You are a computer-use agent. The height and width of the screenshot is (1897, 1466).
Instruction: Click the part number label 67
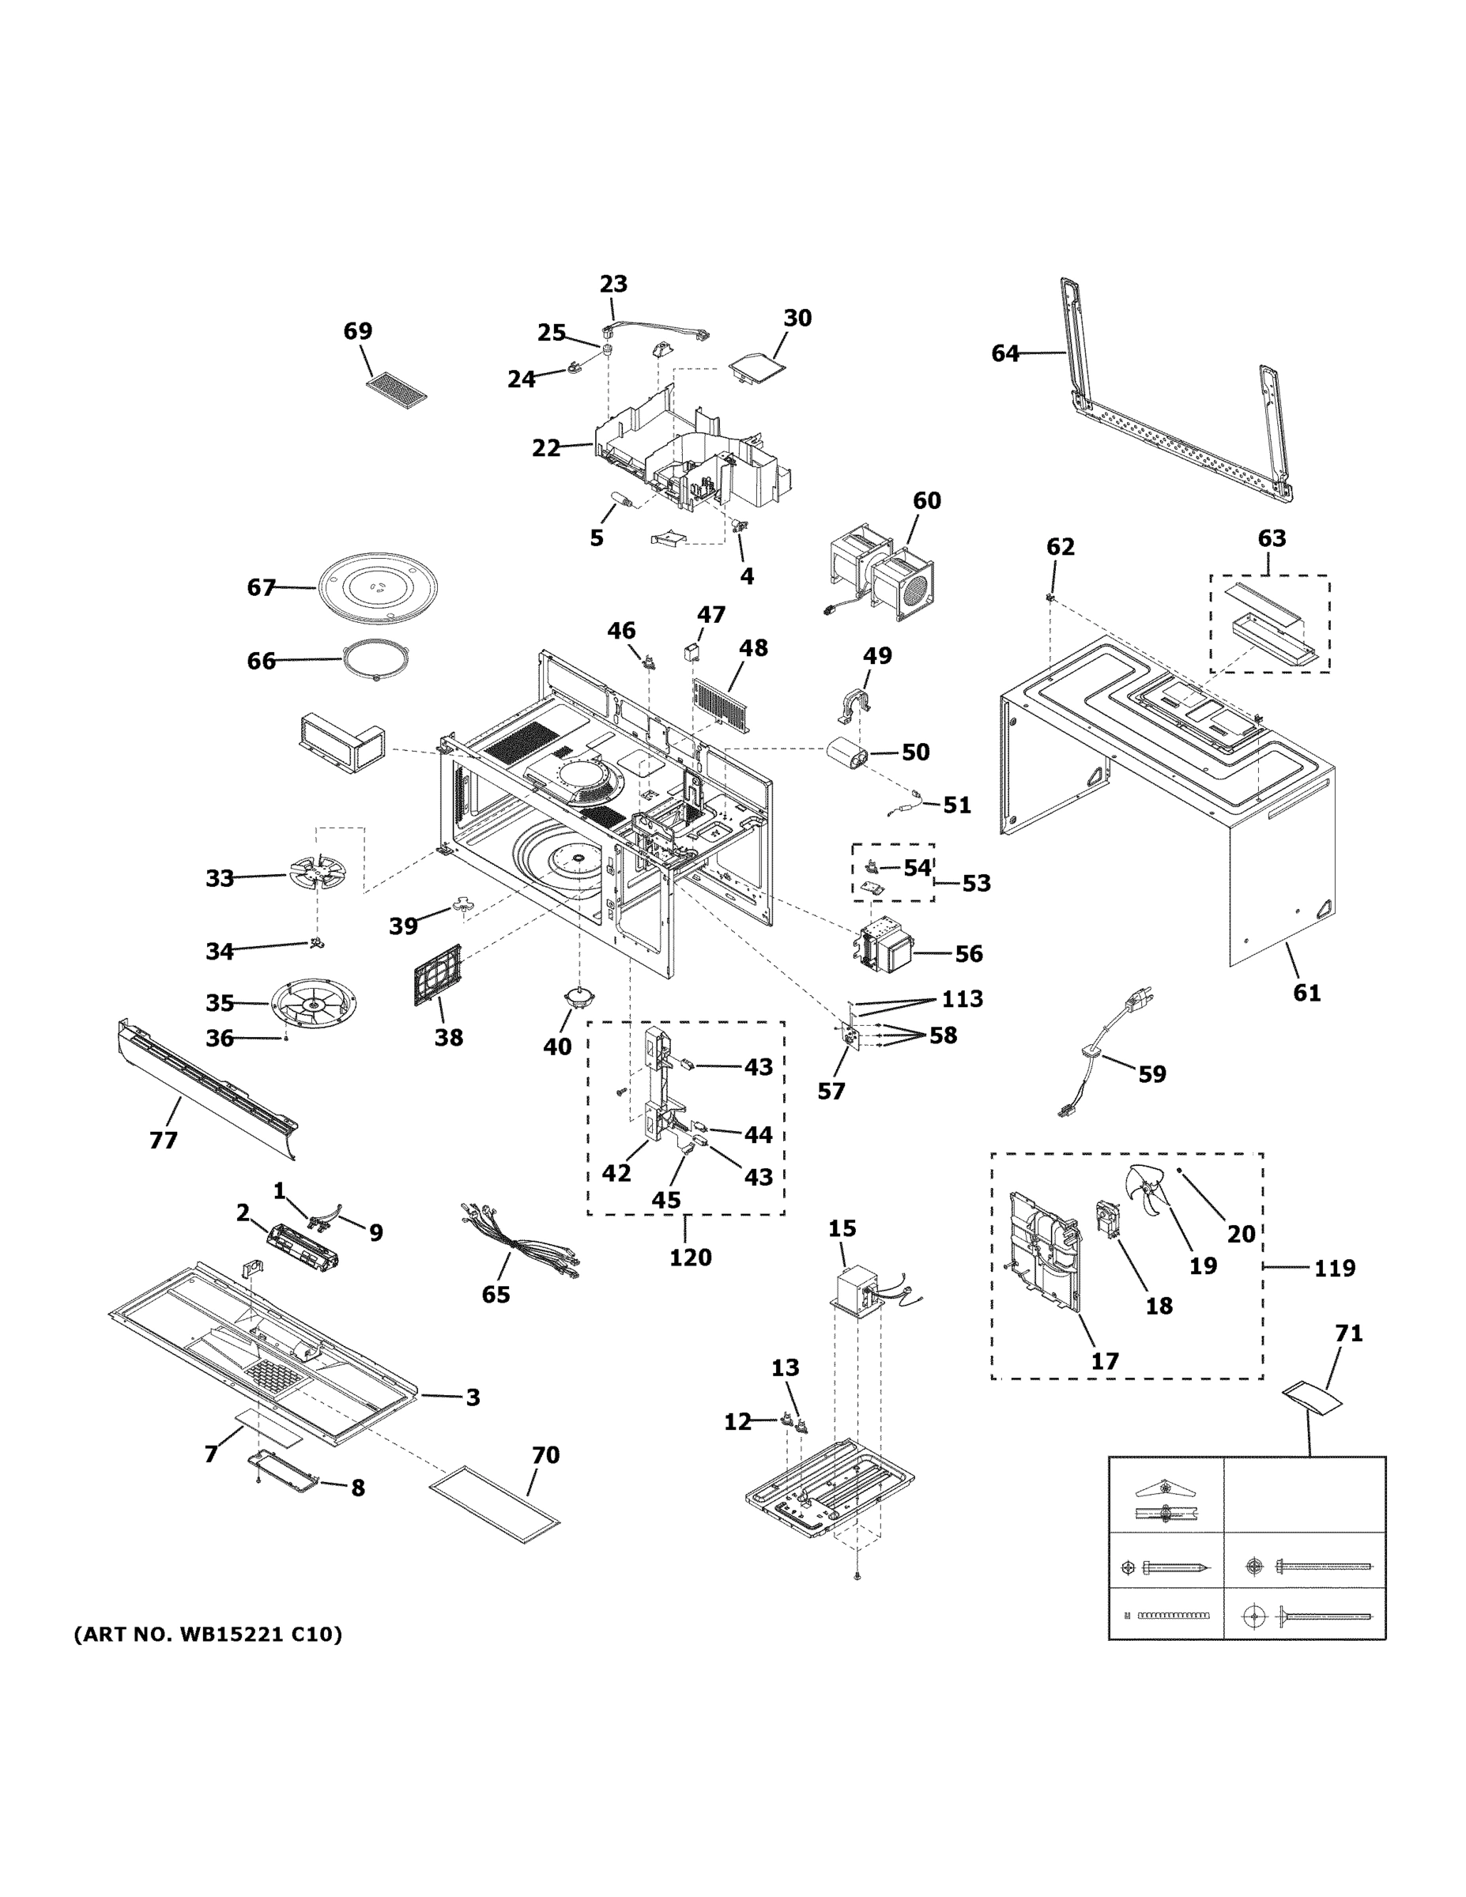pos(261,588)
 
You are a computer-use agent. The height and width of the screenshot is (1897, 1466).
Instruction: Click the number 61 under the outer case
pos(1306,992)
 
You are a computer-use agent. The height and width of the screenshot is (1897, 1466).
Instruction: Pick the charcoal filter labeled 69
pos(397,391)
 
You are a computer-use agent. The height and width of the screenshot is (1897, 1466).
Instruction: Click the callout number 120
pos(690,1257)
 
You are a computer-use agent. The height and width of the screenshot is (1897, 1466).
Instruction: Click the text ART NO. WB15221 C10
pos(208,1634)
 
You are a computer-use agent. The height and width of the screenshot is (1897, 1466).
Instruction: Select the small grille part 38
pos(438,975)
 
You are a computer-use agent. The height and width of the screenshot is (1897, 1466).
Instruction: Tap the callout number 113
pos(963,999)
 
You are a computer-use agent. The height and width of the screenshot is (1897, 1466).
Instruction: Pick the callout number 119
pos(1334,1268)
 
